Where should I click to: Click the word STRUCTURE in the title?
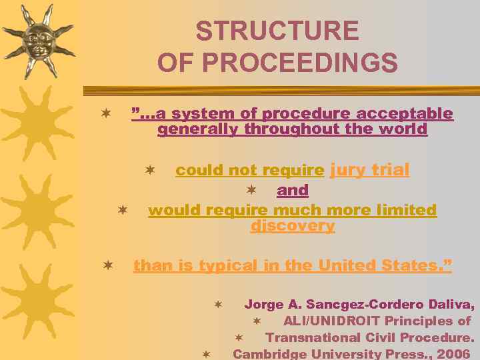pyautogui.click(x=277, y=31)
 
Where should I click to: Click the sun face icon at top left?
pyautogui.click(x=37, y=40)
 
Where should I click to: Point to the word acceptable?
pyautogui.click(x=411, y=114)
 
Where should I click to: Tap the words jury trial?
pyautogui.click(x=369, y=170)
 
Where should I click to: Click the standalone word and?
pyautogui.click(x=293, y=191)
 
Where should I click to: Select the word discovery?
pyautogui.click(x=293, y=226)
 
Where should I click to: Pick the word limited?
pyautogui.click(x=404, y=211)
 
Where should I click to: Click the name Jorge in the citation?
pyautogui.click(x=264, y=305)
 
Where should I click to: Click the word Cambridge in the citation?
pyautogui.click(x=269, y=354)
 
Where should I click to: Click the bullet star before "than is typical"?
pyautogui.click(x=107, y=265)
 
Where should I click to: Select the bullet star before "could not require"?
pyautogui.click(x=150, y=170)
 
